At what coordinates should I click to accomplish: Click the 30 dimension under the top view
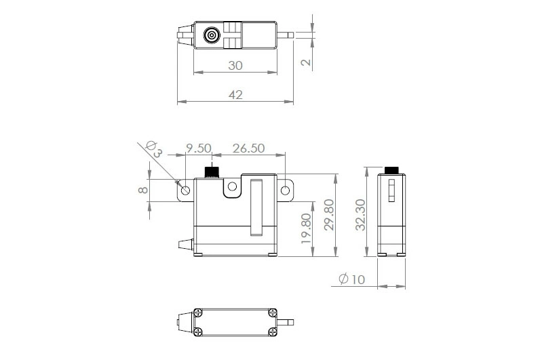pos(235,66)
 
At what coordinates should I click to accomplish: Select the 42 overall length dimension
pos(235,95)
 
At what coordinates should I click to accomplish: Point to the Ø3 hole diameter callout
pos(154,150)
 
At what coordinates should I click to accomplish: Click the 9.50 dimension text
pos(199,148)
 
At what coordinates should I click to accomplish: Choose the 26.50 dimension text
pos(248,148)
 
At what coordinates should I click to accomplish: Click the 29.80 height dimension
pos(328,216)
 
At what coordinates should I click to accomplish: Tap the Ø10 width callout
pos(351,279)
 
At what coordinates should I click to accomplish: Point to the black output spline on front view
pos(212,171)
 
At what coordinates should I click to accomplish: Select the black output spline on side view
pos(391,170)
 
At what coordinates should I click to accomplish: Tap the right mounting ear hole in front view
pos(286,190)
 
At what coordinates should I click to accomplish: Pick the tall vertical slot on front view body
pos(256,207)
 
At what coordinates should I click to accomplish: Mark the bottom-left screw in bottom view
pos(198,331)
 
